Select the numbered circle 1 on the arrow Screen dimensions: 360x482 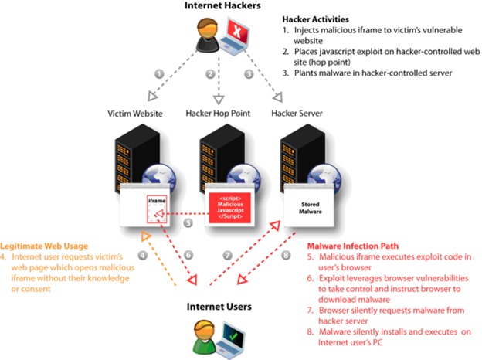click(x=159, y=74)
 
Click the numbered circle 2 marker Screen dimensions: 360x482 click(x=209, y=74)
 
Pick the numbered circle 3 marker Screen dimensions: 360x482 click(x=248, y=74)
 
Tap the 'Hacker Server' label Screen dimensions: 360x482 click(x=297, y=114)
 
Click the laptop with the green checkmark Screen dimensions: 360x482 click(x=231, y=338)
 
